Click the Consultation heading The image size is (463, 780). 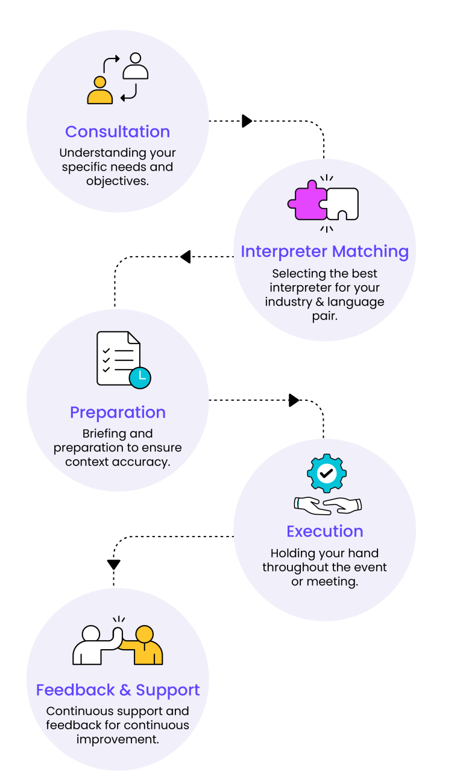point(118,131)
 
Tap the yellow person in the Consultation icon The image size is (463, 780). point(100,92)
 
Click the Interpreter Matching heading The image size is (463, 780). point(324,251)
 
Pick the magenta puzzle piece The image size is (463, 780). point(307,201)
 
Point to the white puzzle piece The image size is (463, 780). point(343,204)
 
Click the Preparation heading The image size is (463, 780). point(118,412)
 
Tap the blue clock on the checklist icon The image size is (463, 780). point(140,377)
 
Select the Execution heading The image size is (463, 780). point(324,531)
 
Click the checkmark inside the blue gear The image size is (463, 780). point(326,474)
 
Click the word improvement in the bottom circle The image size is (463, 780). point(118,739)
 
